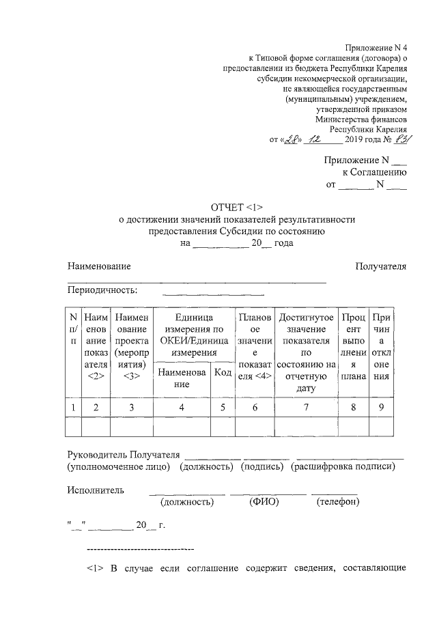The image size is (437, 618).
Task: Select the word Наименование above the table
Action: pyautogui.click(x=99, y=266)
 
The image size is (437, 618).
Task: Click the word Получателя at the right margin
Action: pyautogui.click(x=381, y=266)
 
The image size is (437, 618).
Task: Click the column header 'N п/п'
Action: pyautogui.click(x=73, y=328)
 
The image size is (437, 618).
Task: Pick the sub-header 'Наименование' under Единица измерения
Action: pyautogui.click(x=181, y=378)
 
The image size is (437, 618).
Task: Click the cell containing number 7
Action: pyautogui.click(x=306, y=408)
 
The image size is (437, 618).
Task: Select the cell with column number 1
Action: pyautogui.click(x=73, y=408)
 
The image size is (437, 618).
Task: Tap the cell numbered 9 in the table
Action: pyautogui.click(x=382, y=408)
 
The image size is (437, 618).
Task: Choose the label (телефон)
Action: pyautogui.click(x=339, y=502)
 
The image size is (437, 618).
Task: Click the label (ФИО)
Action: pyautogui.click(x=263, y=502)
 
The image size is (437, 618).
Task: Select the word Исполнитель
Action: pyautogui.click(x=96, y=490)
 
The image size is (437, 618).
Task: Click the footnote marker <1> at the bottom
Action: pyautogui.click(x=96, y=568)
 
